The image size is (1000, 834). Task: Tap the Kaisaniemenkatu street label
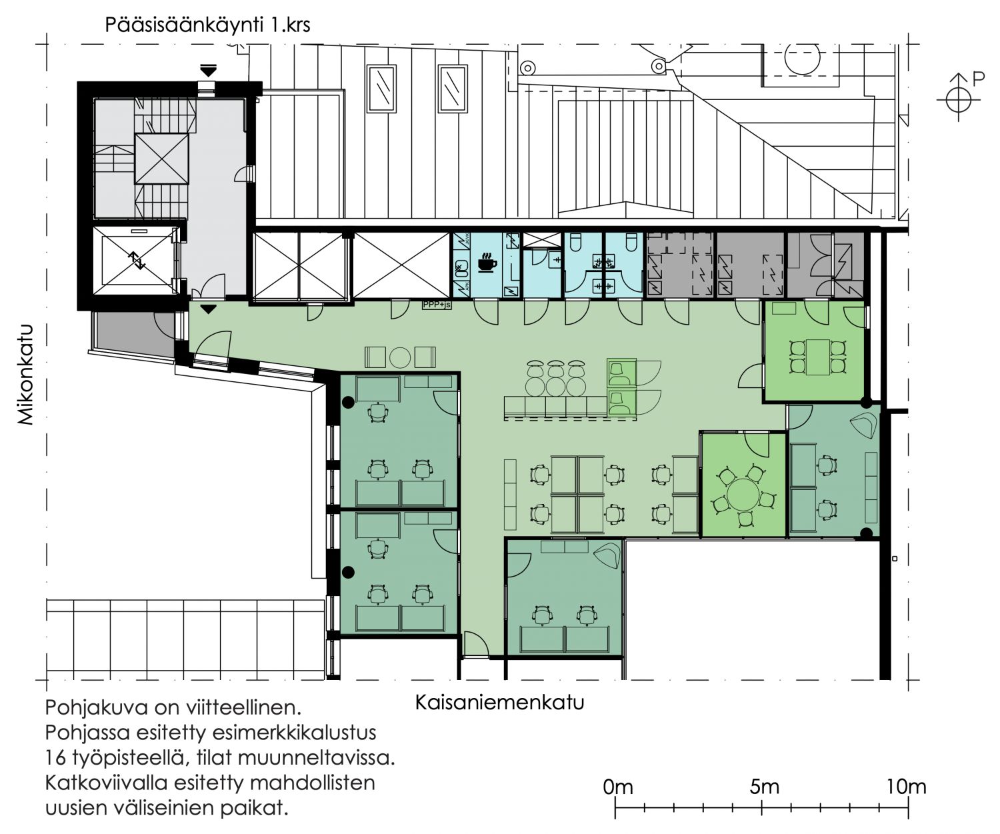tap(499, 703)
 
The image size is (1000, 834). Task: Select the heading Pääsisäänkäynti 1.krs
tap(207, 25)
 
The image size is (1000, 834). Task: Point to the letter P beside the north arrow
tap(978, 78)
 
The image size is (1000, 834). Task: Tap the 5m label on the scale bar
tap(764, 787)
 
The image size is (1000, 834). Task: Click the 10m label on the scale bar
tap(906, 787)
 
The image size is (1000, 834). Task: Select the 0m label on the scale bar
tap(618, 787)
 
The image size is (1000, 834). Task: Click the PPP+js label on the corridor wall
tap(436, 304)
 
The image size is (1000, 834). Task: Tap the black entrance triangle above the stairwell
tap(208, 71)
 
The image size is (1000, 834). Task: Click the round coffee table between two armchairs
tap(400, 357)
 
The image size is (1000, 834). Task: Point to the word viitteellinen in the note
tap(243, 707)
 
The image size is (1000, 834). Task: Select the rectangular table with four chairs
tap(817, 357)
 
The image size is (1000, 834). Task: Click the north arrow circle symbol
tap(959, 101)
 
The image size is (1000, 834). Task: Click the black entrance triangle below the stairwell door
tap(208, 309)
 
